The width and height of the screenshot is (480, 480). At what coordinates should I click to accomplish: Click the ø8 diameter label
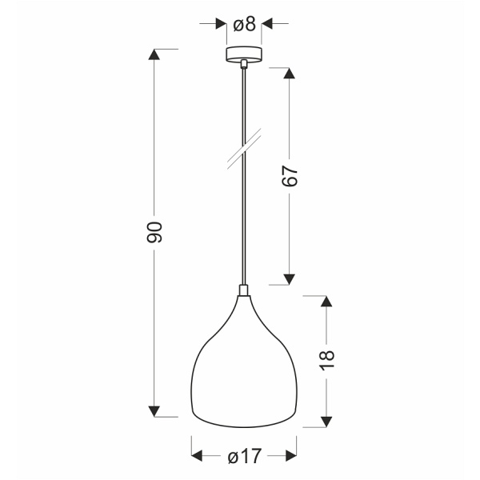[x=245, y=24]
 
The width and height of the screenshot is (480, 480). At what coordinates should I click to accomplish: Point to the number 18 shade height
[x=326, y=358]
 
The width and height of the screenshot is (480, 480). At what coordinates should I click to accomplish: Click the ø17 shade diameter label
[x=244, y=457]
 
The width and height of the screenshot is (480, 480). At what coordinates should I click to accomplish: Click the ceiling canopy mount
[x=244, y=56]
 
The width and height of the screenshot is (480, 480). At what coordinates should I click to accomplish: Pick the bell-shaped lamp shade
[x=244, y=368]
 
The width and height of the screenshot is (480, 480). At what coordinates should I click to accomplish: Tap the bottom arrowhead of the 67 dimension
[x=290, y=278]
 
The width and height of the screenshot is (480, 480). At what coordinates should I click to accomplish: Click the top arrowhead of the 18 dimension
[x=326, y=302]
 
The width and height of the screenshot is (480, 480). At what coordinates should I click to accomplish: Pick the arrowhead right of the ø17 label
[x=290, y=457]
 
